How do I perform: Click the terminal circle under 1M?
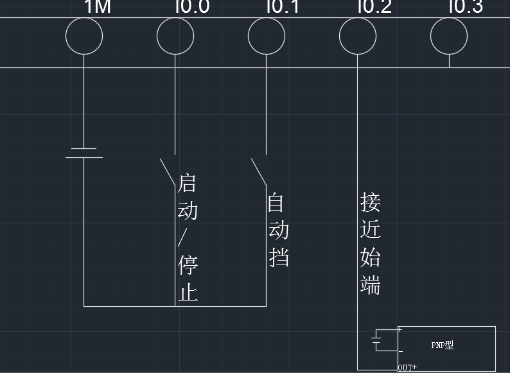[84, 37]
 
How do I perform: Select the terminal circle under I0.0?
[175, 37]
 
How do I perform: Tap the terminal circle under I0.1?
[267, 37]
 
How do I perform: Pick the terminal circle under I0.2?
[358, 37]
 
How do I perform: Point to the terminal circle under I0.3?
[449, 37]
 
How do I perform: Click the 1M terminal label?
[98, 7]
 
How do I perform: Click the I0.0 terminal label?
[192, 7]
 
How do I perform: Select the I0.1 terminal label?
[283, 7]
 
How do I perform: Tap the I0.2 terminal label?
[374, 7]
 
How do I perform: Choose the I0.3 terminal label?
[466, 7]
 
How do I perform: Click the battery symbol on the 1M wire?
[84, 152]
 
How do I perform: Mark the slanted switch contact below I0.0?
[168, 171]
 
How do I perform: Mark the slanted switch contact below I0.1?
[259, 171]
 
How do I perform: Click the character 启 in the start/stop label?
[187, 183]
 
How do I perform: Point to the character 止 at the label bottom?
[188, 293]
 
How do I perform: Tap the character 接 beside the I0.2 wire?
[371, 202]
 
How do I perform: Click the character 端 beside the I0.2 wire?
[371, 284]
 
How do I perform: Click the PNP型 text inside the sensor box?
[442, 345]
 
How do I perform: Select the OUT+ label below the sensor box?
[407, 368]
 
